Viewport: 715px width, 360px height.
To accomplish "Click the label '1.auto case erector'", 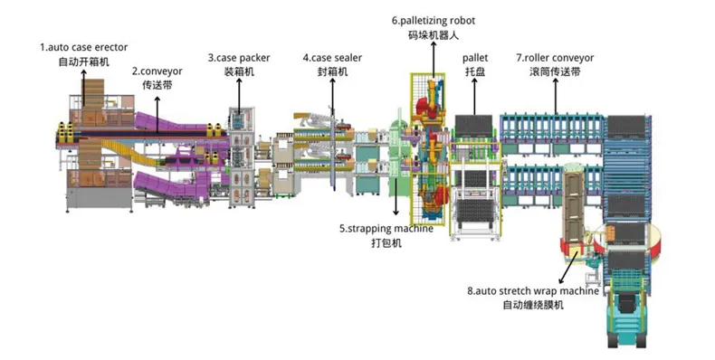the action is pyautogui.click(x=84, y=47).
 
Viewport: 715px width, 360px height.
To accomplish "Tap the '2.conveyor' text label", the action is pyautogui.click(x=157, y=71).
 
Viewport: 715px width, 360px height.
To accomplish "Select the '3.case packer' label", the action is pyautogui.click(x=239, y=58).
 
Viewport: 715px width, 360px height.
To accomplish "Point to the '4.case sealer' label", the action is pyautogui.click(x=332, y=58).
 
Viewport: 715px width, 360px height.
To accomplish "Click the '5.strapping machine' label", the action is pyautogui.click(x=386, y=228).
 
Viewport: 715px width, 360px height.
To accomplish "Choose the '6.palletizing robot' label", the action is pyautogui.click(x=434, y=21).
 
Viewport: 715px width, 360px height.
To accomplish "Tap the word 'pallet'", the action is pyautogui.click(x=474, y=58).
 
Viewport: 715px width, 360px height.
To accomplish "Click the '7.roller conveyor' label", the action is pyautogui.click(x=555, y=58).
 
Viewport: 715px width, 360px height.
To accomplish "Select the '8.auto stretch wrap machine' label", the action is pyautogui.click(x=533, y=290).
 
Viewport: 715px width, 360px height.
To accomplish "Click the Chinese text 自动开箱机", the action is pyautogui.click(x=84, y=62).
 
